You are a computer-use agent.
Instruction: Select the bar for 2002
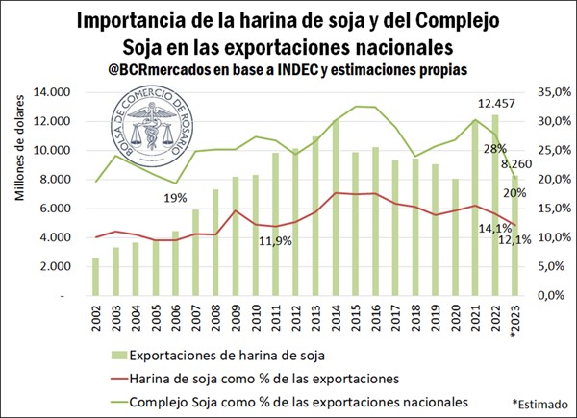pos(95,277)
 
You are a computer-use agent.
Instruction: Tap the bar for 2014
pos(335,208)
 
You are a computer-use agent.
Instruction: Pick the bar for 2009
pos(235,235)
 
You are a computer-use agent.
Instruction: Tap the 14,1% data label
pos(481,229)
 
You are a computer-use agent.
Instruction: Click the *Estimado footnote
pos(539,404)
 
